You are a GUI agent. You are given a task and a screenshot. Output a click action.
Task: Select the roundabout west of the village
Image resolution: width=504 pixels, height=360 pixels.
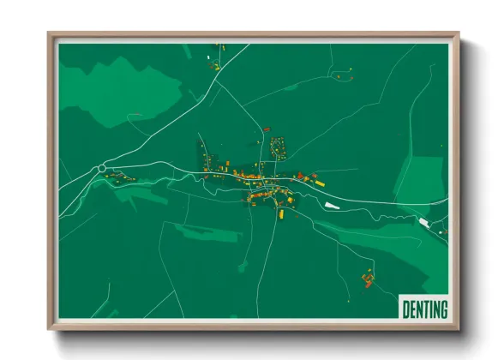(102, 168)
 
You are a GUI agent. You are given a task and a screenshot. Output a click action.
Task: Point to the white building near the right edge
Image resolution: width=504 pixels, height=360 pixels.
(423, 222)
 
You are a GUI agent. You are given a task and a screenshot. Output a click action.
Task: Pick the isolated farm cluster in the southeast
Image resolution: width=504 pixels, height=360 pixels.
(368, 278)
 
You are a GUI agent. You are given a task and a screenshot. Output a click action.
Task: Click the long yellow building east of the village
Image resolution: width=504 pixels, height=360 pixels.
(319, 183)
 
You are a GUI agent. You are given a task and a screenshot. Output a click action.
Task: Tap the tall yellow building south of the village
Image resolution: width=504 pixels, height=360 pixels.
(279, 213)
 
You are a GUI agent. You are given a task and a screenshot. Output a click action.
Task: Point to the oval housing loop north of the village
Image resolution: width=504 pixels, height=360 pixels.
(278, 147)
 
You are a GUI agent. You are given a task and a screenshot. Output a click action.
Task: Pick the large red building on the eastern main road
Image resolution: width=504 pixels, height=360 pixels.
(302, 177)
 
